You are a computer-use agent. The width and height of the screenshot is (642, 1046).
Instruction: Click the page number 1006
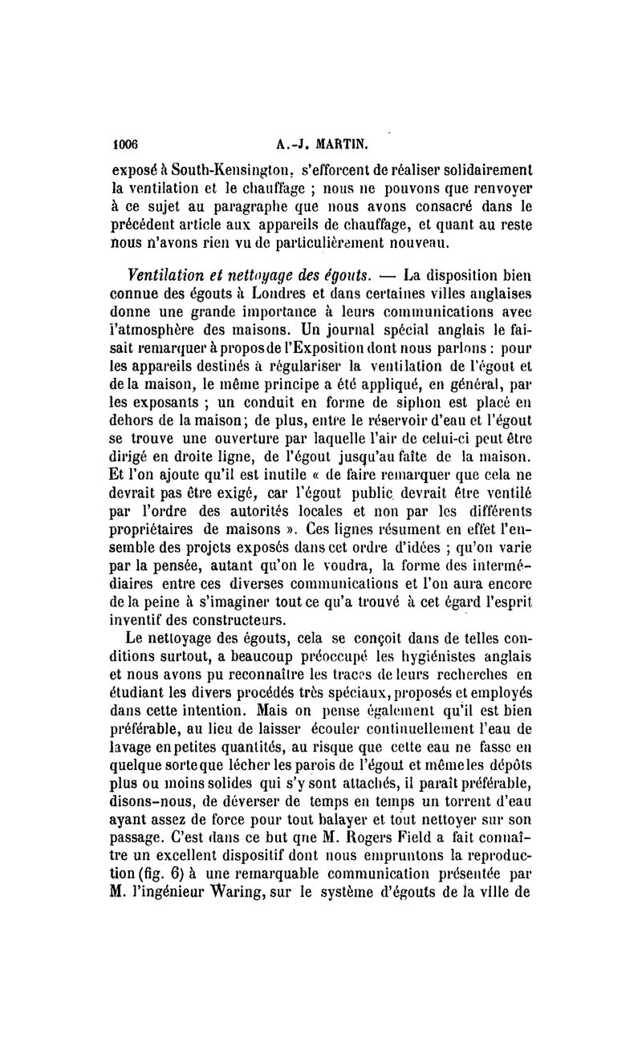click(125, 146)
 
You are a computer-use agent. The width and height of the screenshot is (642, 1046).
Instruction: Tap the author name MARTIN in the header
click(323, 146)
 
